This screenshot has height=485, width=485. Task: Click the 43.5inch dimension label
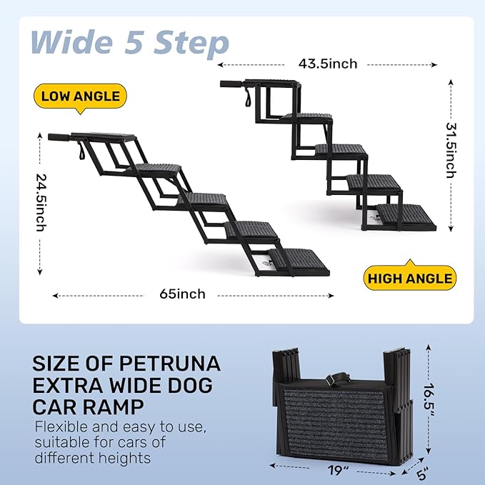[x=328, y=64]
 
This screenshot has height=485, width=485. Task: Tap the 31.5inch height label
[x=451, y=151]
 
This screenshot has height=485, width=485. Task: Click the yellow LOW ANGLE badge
[x=80, y=96]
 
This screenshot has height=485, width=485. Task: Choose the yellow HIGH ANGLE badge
[x=409, y=279]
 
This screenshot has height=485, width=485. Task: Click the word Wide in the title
[x=72, y=42]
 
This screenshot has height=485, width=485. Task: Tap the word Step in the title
[x=191, y=42]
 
